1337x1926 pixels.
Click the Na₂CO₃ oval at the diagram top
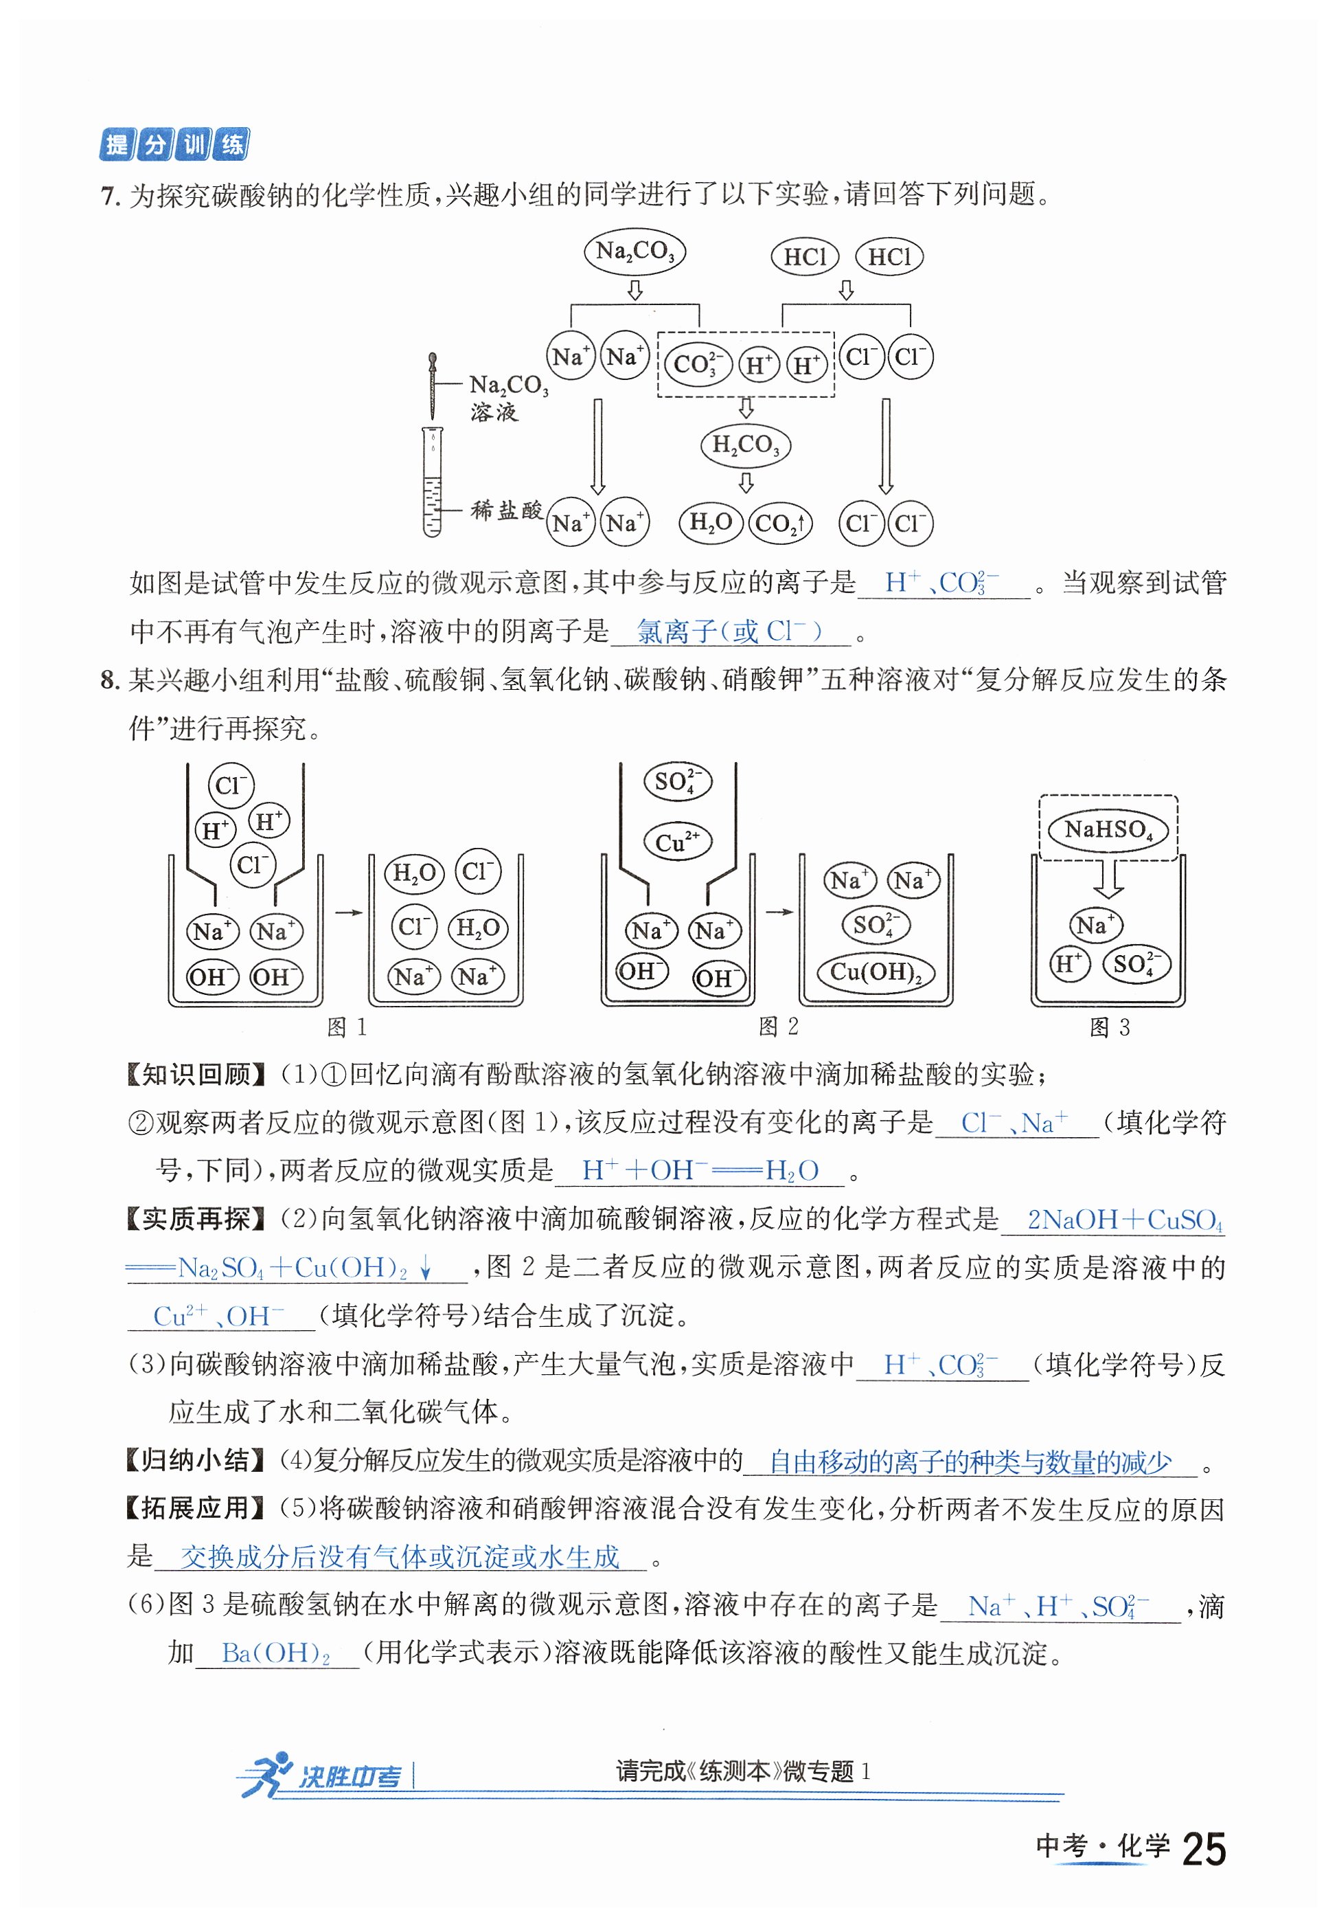point(634,251)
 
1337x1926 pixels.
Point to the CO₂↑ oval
point(780,523)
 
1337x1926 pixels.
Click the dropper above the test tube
point(432,385)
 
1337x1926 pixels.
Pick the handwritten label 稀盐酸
point(506,510)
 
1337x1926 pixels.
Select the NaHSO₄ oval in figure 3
point(1108,830)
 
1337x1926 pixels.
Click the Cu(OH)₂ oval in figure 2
point(876,972)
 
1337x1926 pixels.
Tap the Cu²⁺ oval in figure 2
point(677,842)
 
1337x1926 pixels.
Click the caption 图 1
point(346,1027)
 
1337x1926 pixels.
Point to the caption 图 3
point(1109,1027)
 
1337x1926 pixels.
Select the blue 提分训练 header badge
point(174,144)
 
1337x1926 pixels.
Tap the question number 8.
point(109,680)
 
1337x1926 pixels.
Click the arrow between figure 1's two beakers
point(347,912)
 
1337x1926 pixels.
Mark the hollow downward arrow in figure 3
point(1108,880)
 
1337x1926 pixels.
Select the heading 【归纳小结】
point(196,1460)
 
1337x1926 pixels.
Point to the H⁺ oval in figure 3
point(1069,964)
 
